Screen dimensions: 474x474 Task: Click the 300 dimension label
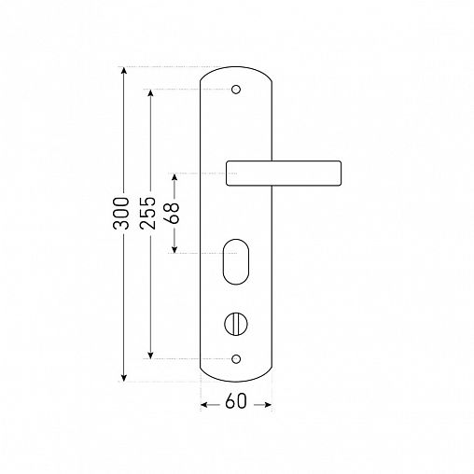(120, 214)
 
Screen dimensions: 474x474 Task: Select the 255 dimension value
(147, 214)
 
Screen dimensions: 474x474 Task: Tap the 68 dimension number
(172, 214)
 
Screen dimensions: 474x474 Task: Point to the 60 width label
(236, 400)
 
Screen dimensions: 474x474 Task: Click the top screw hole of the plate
(236, 90)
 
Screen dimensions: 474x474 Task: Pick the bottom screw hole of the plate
(236, 359)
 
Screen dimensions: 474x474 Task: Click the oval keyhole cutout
(236, 262)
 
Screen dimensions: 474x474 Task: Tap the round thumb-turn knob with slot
(236, 324)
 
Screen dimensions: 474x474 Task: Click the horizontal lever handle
(284, 174)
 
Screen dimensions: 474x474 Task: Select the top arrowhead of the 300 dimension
(124, 70)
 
